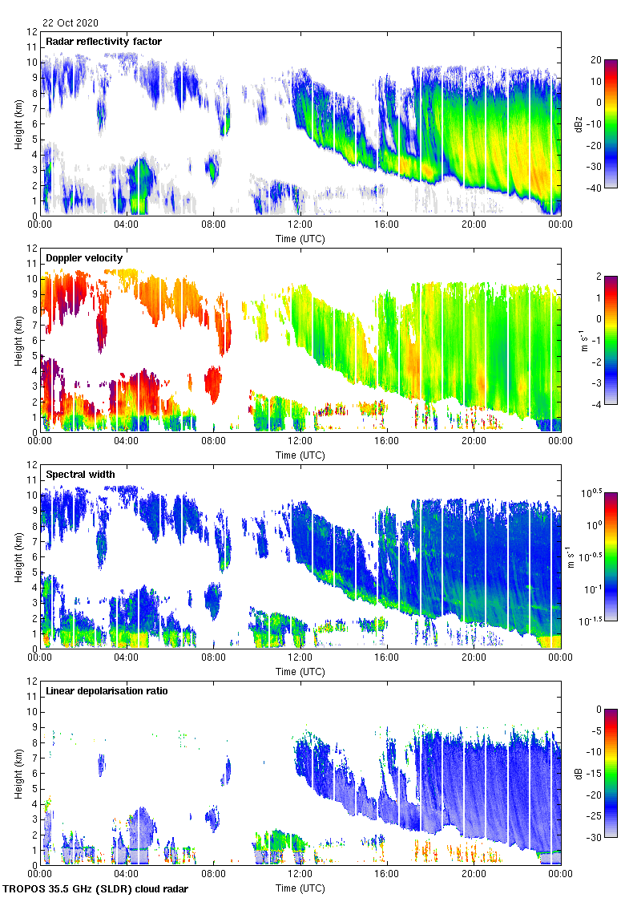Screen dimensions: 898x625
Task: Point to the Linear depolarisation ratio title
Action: point(107,690)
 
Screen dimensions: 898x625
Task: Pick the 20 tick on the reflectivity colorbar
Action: point(596,60)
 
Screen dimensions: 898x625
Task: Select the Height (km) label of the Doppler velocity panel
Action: point(18,340)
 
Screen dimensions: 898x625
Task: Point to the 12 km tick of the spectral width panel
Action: point(33,465)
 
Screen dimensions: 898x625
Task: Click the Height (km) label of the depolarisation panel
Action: point(18,773)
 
